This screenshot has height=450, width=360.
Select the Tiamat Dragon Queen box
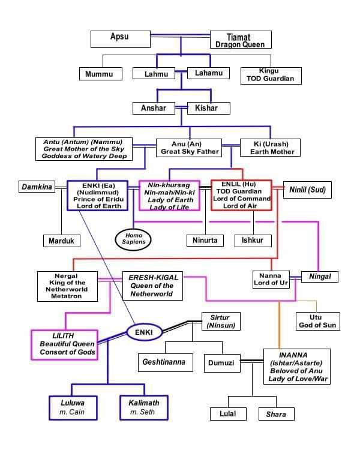point(241,40)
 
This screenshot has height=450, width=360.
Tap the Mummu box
point(100,74)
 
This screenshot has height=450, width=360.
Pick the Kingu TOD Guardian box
point(270,74)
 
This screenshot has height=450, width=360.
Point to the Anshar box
point(154,109)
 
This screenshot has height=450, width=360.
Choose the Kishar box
point(206,109)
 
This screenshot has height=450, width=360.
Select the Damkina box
point(35,187)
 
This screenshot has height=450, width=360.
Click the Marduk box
point(61,241)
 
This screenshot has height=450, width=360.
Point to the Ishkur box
point(253,241)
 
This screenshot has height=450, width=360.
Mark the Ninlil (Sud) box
point(308,187)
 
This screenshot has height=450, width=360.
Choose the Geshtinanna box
point(164,362)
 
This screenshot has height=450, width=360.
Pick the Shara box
point(276,414)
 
